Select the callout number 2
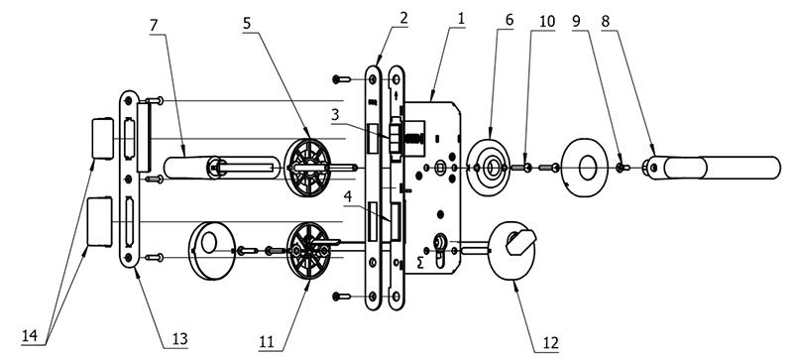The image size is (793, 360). click(x=403, y=19)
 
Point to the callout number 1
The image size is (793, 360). click(x=461, y=20)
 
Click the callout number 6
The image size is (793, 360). click(x=509, y=20)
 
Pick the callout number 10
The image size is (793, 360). click(x=547, y=22)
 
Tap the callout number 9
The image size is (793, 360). click(x=577, y=22)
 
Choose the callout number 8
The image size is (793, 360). click(x=606, y=22)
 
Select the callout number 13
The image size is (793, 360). click(x=179, y=339)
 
